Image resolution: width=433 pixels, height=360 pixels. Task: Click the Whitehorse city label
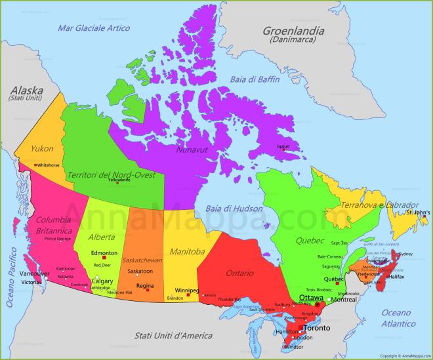[x=48, y=165]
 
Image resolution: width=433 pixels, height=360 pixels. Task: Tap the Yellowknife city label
[x=119, y=180]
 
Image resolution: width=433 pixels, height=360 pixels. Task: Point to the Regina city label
[x=145, y=286]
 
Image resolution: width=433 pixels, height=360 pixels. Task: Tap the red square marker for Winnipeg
[x=189, y=295]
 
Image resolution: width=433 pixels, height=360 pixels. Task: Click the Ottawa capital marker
[x=318, y=305]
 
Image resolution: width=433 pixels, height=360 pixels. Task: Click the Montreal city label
[x=344, y=299]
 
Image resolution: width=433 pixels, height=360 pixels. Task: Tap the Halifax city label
[x=396, y=277]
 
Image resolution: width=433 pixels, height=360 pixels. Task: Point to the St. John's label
[x=417, y=213]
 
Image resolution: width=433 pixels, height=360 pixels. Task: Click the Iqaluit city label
[x=283, y=147]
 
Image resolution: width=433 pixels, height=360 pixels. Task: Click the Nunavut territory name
[x=191, y=150]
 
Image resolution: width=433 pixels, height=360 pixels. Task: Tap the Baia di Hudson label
[x=232, y=208]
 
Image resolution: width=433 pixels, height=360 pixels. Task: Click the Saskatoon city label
[x=140, y=271]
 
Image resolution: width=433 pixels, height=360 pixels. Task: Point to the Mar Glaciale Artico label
[x=94, y=28]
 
